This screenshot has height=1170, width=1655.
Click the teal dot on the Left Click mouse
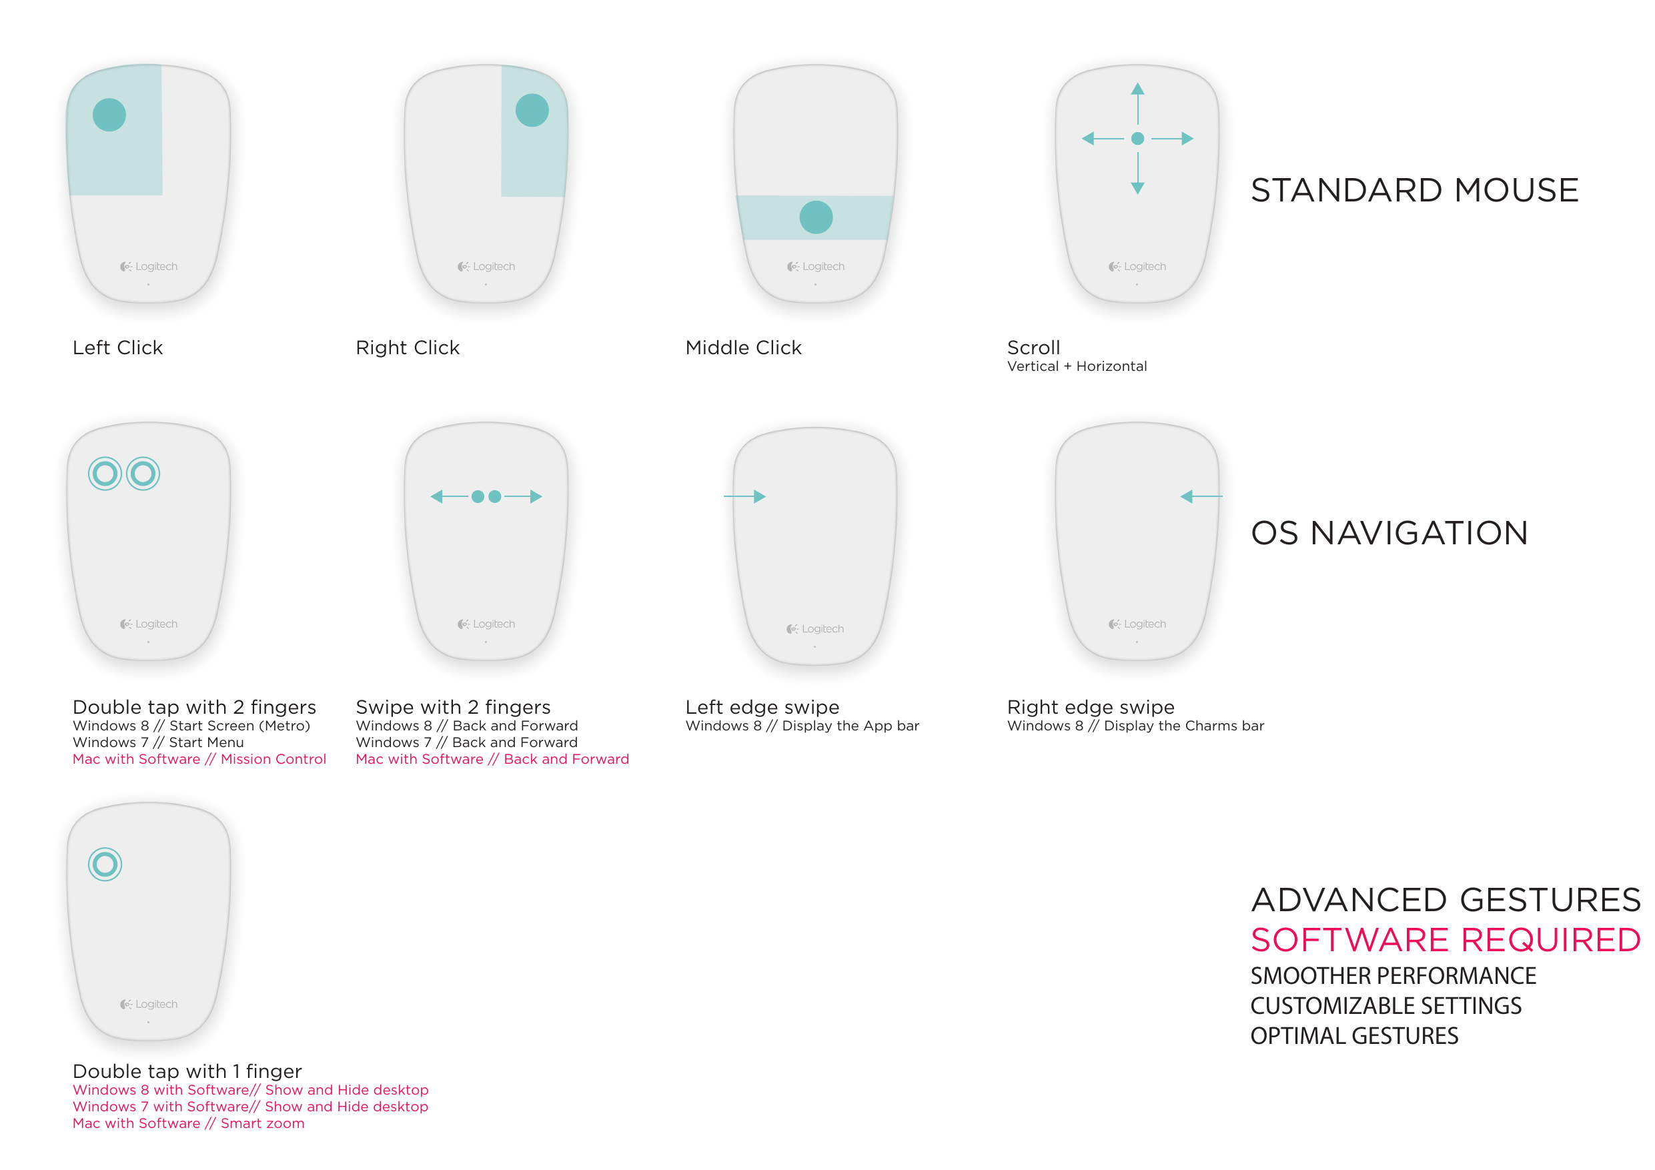pyautogui.click(x=109, y=115)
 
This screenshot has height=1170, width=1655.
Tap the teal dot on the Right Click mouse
pyautogui.click(x=532, y=110)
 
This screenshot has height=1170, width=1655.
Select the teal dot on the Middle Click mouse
pyautogui.click(x=816, y=217)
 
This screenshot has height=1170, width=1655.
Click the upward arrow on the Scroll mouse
pyautogui.click(x=1137, y=104)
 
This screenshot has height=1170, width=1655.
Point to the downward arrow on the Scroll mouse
pyautogui.click(x=1137, y=173)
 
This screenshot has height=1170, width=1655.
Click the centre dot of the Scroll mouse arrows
pyautogui.click(x=1137, y=138)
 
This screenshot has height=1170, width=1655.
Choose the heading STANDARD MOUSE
pyautogui.click(x=1414, y=190)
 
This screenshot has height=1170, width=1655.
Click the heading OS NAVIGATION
pyautogui.click(x=1389, y=533)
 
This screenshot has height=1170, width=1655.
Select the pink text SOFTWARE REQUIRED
pyautogui.click(x=1446, y=939)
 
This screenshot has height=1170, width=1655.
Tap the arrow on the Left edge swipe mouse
pyautogui.click(x=744, y=497)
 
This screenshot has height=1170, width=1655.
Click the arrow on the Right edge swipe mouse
pyautogui.click(x=1201, y=497)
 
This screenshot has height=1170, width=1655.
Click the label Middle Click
pyautogui.click(x=743, y=348)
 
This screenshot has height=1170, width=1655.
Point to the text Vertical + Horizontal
pyautogui.click(x=1077, y=366)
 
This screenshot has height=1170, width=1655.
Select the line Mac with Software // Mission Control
pyautogui.click(x=199, y=759)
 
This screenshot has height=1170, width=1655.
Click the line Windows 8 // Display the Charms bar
pyautogui.click(x=1135, y=726)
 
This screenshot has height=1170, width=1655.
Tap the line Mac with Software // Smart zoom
pyautogui.click(x=189, y=1123)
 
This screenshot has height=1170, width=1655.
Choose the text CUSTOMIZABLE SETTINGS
pyautogui.click(x=1386, y=1006)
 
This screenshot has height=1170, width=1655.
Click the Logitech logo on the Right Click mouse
pyautogui.click(x=486, y=267)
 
